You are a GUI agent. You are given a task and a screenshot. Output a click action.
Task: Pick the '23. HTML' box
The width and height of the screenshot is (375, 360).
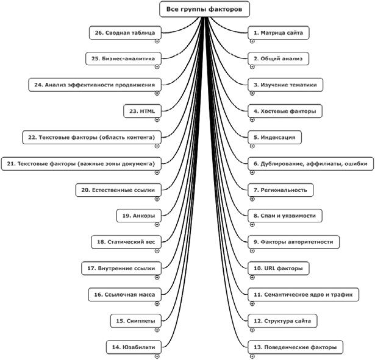(x=143, y=111)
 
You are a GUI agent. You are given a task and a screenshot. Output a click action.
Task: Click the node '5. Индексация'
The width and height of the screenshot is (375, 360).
(x=275, y=138)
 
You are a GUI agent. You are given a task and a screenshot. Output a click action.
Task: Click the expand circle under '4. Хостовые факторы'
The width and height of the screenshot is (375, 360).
(x=252, y=120)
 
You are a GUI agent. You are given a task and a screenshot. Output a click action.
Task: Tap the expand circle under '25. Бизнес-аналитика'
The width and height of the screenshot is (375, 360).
(x=157, y=67)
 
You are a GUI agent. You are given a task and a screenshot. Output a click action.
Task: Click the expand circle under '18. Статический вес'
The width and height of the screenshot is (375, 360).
(x=157, y=250)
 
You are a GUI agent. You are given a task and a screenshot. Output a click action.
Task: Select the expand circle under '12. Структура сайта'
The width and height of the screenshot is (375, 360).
(x=252, y=329)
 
